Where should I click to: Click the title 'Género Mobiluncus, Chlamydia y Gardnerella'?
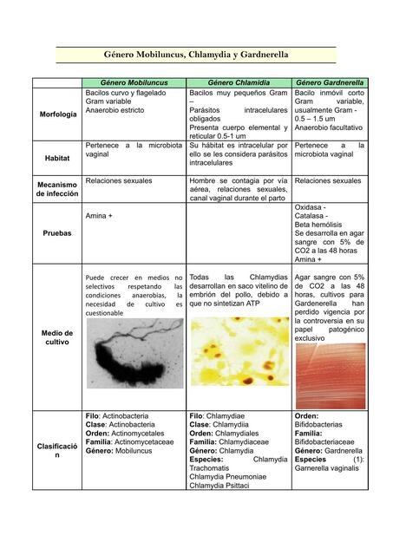[x=196, y=55]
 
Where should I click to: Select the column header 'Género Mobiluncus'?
[x=134, y=82]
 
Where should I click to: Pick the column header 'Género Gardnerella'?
[x=330, y=82]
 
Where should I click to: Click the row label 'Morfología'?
[x=58, y=114]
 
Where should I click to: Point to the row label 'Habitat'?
[x=58, y=159]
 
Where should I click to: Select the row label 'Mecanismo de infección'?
[x=58, y=189]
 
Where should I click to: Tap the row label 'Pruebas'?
[x=58, y=233]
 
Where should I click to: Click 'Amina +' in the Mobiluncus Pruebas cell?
[x=101, y=215]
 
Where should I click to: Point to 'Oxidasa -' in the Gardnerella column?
[x=311, y=208]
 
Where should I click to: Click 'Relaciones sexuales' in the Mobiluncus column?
[x=119, y=181]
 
